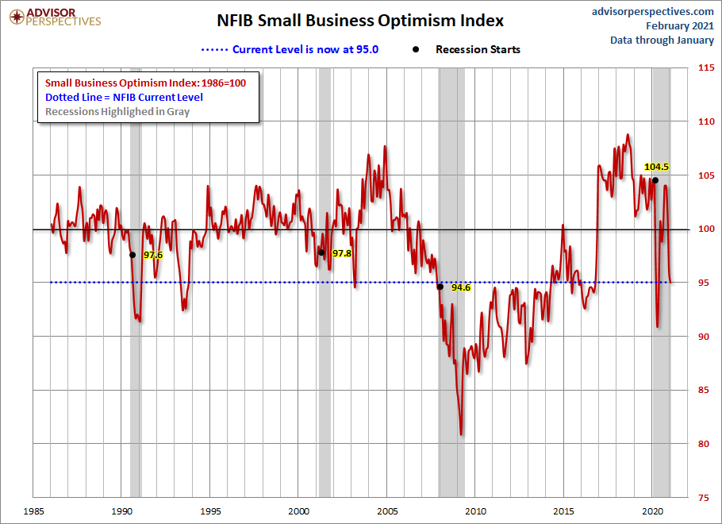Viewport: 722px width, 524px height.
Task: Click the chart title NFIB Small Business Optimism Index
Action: tap(360, 20)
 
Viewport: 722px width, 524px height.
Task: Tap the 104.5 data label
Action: tap(656, 167)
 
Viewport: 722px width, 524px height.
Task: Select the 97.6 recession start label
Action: tap(152, 255)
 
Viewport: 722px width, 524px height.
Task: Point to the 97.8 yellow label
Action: tap(342, 252)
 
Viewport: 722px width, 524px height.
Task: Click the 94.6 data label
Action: tap(461, 287)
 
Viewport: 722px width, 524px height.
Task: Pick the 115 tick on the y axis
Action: tap(705, 68)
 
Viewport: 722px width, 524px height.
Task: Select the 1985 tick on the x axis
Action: tap(33, 511)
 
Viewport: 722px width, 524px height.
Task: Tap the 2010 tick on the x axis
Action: tap(475, 511)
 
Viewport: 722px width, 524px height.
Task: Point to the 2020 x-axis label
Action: tap(652, 511)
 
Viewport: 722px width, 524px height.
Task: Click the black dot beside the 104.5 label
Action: tap(655, 180)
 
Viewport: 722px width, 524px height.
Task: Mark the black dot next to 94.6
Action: tap(440, 287)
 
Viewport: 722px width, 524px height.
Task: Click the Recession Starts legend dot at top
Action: tap(416, 49)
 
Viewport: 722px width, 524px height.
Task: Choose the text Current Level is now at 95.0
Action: tap(305, 49)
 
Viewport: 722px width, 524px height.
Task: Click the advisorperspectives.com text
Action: tap(653, 11)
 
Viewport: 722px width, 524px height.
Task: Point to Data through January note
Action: tap(662, 40)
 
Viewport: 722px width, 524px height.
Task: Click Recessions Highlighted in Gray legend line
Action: tap(117, 111)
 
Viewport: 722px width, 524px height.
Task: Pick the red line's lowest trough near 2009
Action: tap(461, 434)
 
